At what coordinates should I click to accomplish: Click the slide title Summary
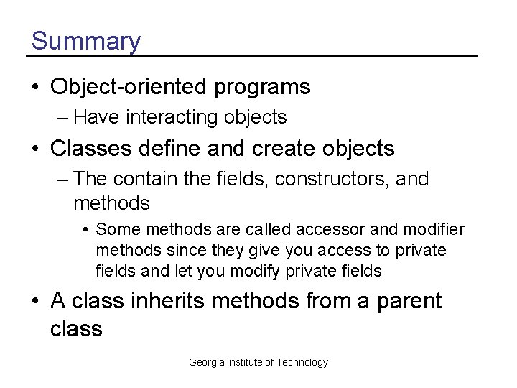coord(86,41)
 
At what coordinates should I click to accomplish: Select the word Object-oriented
coord(129,87)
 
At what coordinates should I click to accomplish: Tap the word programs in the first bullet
coord(262,88)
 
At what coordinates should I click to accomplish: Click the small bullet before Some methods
coord(85,230)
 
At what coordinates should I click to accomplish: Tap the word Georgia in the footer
coord(206,362)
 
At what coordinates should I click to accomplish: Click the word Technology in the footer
coord(302,362)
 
